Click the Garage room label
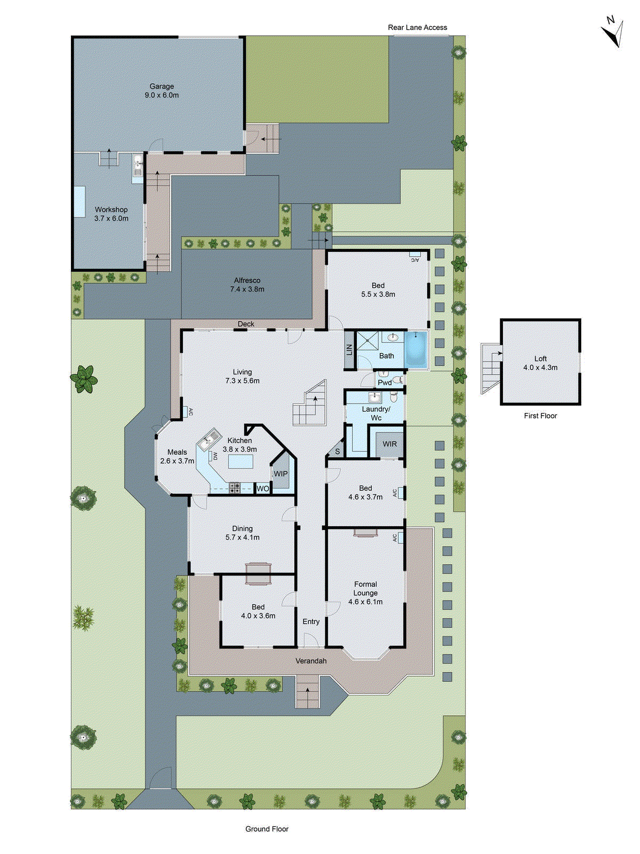[162, 91]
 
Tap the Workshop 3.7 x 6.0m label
[111, 214]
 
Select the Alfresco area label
[247, 285]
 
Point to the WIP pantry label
[281, 474]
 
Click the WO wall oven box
[263, 488]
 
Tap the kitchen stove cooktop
[235, 487]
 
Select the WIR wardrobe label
[389, 444]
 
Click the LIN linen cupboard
[350, 350]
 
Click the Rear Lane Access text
[418, 28]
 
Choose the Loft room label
[540, 363]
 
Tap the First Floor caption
[540, 416]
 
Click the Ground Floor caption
[267, 829]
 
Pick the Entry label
[311, 622]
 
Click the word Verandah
[311, 661]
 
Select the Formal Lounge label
[365, 593]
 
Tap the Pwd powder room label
[385, 383]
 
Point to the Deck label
[246, 324]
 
